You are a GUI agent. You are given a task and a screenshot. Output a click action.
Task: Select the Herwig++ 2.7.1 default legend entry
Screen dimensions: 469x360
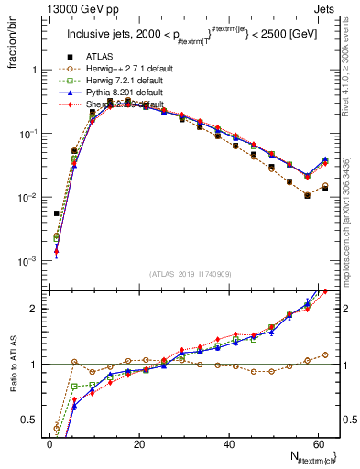124,93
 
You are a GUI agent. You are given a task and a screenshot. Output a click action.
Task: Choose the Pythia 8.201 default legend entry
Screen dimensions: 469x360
120,118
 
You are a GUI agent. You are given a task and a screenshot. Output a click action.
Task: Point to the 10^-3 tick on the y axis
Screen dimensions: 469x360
29,262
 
